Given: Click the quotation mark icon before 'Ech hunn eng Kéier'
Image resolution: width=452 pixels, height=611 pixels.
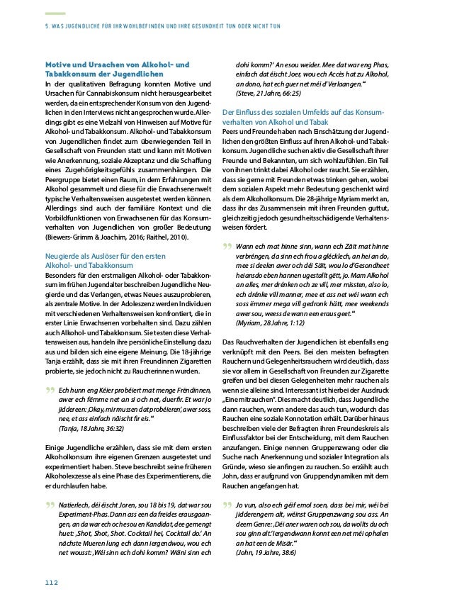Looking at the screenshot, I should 50,391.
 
